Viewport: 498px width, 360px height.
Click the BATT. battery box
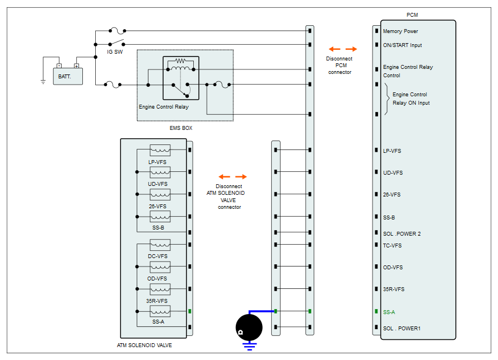click(68, 76)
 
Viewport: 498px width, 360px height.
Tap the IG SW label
click(115, 52)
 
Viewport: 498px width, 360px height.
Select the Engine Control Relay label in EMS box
click(164, 107)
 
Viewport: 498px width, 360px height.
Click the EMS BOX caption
click(181, 128)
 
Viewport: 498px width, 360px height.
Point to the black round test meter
click(249, 328)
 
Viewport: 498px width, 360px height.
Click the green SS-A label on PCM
click(389, 312)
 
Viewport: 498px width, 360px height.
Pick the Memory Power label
click(400, 31)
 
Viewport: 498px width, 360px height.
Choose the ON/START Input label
click(402, 45)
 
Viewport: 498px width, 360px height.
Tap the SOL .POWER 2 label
click(402, 233)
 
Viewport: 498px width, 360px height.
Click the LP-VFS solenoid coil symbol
click(160, 150)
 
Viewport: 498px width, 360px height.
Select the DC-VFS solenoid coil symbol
click(160, 245)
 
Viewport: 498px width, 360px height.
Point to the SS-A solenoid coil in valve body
click(160, 311)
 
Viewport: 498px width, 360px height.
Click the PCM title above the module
click(412, 15)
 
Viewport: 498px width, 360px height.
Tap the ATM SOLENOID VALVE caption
click(144, 345)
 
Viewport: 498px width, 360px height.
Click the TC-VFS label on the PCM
click(392, 245)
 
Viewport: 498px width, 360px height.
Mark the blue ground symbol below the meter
click(250, 346)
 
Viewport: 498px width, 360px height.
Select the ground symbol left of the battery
click(43, 82)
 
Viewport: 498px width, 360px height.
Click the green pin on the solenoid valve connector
click(189, 311)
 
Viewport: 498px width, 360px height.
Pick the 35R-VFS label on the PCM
click(393, 289)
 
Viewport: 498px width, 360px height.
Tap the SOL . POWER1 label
click(402, 328)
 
